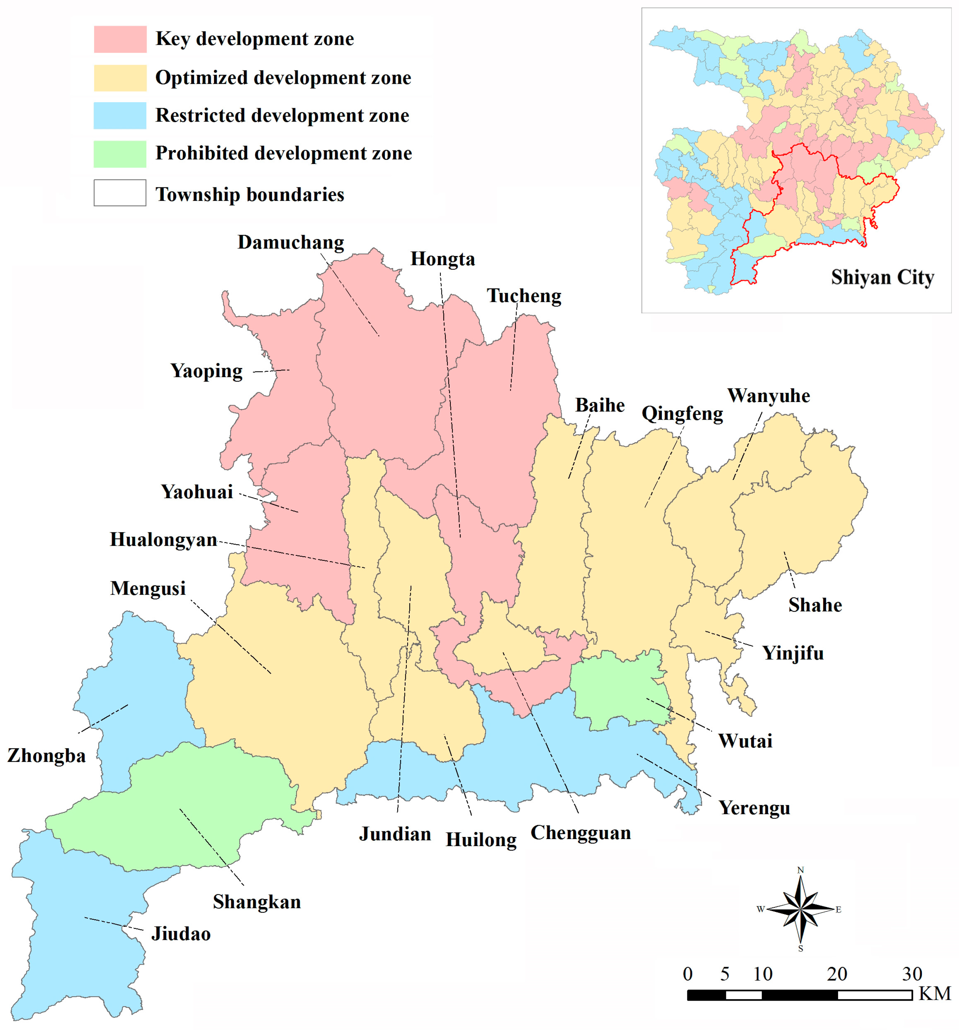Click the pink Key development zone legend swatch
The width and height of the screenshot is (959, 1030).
[120, 39]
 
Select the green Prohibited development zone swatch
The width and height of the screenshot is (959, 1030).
[120, 154]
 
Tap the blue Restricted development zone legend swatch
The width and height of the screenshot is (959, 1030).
[120, 116]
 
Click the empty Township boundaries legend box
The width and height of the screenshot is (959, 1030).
[120, 193]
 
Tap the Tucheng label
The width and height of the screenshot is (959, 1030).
[524, 296]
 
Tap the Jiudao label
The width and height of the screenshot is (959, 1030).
[181, 934]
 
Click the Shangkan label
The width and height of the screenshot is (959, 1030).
[256, 902]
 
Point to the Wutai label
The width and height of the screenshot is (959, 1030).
[744, 741]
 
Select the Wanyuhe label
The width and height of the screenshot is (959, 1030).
[768, 396]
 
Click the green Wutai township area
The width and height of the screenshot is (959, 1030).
[617, 689]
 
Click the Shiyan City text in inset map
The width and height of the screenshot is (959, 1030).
[882, 278]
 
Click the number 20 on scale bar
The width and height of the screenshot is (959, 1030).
[837, 974]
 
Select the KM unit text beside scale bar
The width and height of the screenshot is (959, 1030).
[935, 994]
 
